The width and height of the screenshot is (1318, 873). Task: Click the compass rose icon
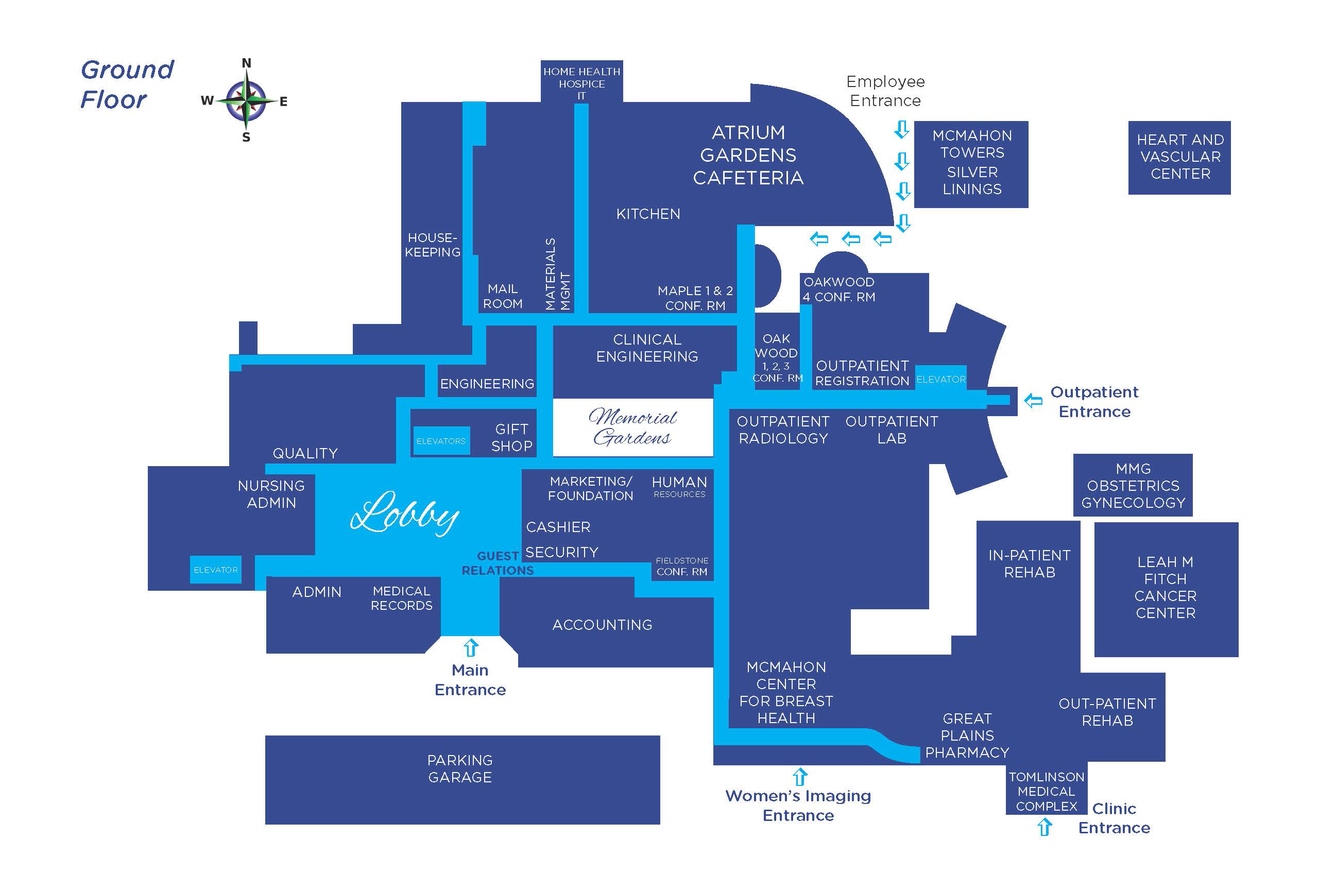pyautogui.click(x=247, y=101)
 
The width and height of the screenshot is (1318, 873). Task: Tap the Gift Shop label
pyautogui.click(x=511, y=438)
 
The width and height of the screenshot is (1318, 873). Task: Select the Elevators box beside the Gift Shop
pyautogui.click(x=441, y=441)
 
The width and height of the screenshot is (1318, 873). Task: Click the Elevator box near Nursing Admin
pyautogui.click(x=215, y=570)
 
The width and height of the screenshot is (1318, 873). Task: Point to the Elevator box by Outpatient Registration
pyautogui.click(x=940, y=379)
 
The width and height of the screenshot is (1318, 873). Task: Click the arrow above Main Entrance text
pyautogui.click(x=471, y=647)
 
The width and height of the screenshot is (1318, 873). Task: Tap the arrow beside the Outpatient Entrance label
pyautogui.click(x=1033, y=400)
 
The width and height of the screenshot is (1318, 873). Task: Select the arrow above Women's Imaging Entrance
pyautogui.click(x=800, y=777)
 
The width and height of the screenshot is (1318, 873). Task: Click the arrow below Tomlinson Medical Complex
pyautogui.click(x=1045, y=827)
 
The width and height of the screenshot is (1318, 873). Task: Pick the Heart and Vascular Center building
pyautogui.click(x=1179, y=157)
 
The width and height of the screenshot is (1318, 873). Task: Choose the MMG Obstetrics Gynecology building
pyautogui.click(x=1133, y=486)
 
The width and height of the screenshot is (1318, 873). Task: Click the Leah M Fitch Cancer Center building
pyautogui.click(x=1166, y=588)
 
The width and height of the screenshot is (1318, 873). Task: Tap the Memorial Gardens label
pyautogui.click(x=632, y=427)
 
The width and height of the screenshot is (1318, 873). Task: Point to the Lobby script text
pyautogui.click(x=405, y=513)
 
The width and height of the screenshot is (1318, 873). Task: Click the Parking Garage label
pyautogui.click(x=460, y=769)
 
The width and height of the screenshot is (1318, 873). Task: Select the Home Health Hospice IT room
pyautogui.click(x=581, y=83)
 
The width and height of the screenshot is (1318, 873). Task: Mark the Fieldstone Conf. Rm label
pyautogui.click(x=682, y=566)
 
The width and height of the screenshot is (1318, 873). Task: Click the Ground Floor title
pyautogui.click(x=127, y=84)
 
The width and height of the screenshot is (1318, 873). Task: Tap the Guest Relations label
pyautogui.click(x=498, y=563)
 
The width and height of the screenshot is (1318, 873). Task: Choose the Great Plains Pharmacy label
pyautogui.click(x=967, y=735)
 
